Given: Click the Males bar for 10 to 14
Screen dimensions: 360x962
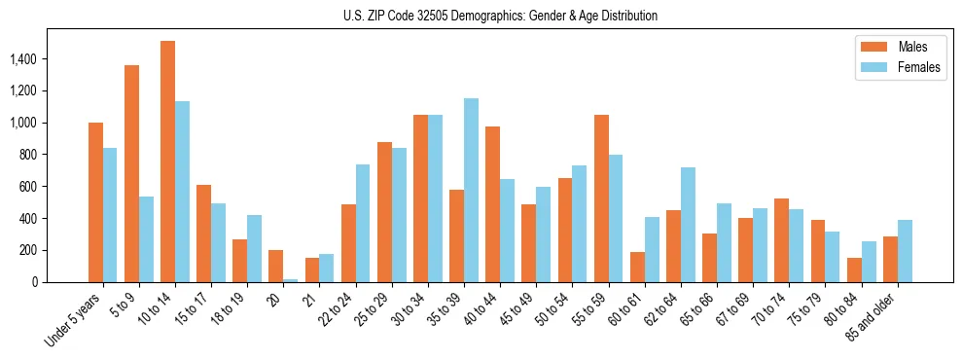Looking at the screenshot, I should (x=167, y=162).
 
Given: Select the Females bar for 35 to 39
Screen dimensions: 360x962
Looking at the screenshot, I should (x=471, y=190).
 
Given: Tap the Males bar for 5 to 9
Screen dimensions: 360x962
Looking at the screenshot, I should (x=131, y=173).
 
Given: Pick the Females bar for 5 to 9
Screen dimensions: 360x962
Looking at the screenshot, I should (x=146, y=239).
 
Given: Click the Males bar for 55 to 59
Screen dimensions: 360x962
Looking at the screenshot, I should (x=601, y=198).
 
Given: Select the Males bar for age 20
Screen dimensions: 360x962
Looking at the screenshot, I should (x=276, y=266).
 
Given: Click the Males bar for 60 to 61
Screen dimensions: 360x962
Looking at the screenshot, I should (x=637, y=267).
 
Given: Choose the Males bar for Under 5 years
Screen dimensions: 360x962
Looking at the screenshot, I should (x=95, y=202).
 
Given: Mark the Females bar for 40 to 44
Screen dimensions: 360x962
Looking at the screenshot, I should (x=507, y=231).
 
